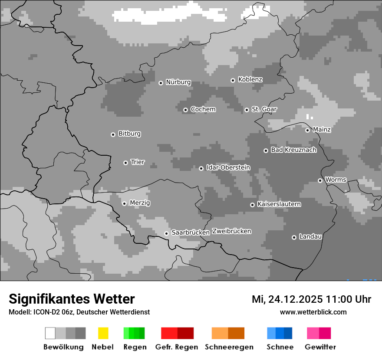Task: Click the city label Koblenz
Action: point(250,79)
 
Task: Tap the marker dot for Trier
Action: point(125,163)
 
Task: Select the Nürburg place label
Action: point(178,82)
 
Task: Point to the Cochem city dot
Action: point(185,110)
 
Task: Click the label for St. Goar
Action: point(264,109)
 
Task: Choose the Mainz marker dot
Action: point(307,130)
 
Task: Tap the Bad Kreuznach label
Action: point(293,150)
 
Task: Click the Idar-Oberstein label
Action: point(228,168)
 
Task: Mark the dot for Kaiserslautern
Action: point(252,205)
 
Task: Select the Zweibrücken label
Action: point(231,231)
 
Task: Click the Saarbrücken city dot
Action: point(166,233)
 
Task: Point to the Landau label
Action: point(310,237)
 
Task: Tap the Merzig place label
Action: point(140,203)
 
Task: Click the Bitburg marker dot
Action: point(113,134)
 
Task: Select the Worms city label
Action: point(336,180)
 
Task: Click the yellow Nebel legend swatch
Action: point(103,333)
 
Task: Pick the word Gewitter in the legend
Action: point(320,347)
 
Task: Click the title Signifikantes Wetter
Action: point(72,299)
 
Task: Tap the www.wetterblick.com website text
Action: point(313,312)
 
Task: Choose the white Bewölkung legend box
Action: point(50,333)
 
